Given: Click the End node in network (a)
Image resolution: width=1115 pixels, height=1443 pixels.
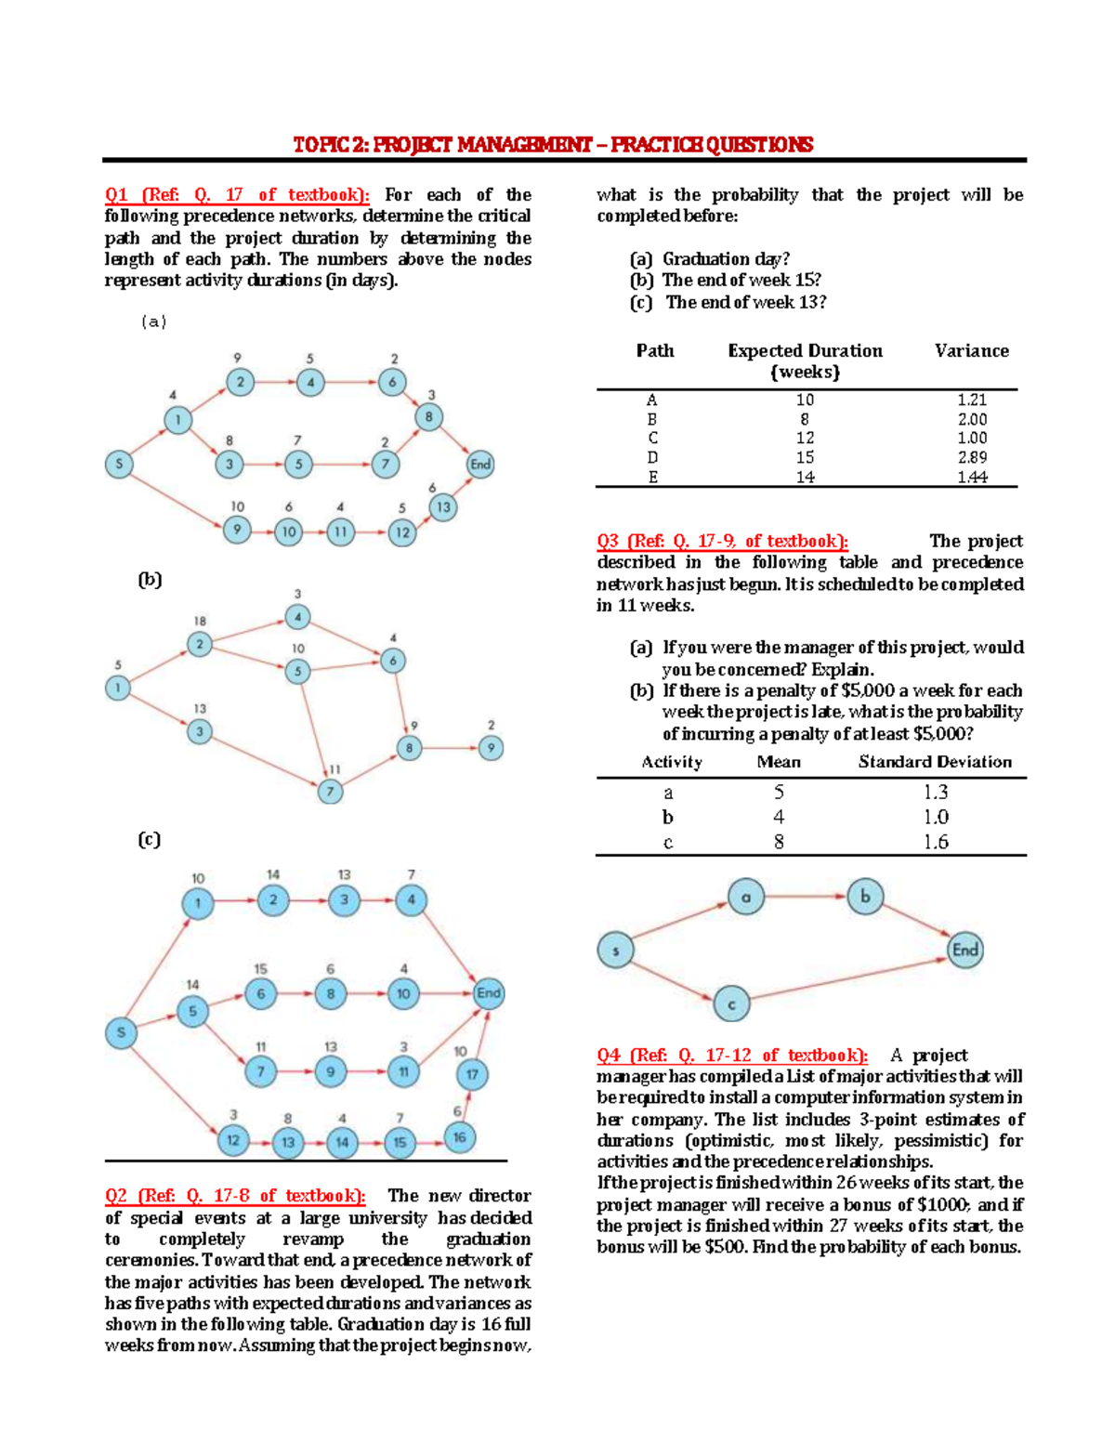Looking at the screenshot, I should (x=479, y=465).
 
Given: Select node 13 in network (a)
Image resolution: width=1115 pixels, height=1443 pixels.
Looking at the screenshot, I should (x=443, y=507).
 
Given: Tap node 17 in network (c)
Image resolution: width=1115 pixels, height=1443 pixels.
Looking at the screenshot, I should (x=472, y=1075).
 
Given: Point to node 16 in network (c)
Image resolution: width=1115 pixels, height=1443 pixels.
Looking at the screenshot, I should (x=459, y=1137).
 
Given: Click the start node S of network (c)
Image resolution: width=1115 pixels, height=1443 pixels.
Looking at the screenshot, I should (x=121, y=1032).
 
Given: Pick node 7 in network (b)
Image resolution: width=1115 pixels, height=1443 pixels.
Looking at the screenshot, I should (x=330, y=792).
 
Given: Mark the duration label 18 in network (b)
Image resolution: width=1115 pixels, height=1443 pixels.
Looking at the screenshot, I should (x=200, y=622).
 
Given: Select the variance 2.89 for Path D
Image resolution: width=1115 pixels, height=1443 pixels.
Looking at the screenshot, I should (x=972, y=457).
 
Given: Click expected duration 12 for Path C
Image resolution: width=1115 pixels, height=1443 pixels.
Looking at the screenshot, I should (x=805, y=438).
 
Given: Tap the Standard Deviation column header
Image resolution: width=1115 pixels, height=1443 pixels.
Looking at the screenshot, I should (x=935, y=762).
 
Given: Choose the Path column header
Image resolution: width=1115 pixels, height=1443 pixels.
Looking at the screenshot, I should (x=654, y=350).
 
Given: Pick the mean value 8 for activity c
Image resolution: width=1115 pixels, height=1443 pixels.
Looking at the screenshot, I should (x=779, y=842).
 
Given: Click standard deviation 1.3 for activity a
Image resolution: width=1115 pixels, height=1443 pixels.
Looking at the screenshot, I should (x=936, y=792).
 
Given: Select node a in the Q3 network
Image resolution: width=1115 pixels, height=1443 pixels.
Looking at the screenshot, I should (x=745, y=897).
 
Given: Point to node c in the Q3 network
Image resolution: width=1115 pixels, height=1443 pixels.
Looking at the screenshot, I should (x=731, y=1004).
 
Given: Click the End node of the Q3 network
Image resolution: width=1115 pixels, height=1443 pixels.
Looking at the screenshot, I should (x=965, y=950).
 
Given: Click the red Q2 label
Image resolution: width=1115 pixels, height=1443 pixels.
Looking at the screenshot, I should (x=116, y=1196).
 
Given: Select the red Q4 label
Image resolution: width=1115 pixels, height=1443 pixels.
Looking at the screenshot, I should (x=609, y=1056).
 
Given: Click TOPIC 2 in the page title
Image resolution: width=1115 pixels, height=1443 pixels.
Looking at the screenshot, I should (x=331, y=145).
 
